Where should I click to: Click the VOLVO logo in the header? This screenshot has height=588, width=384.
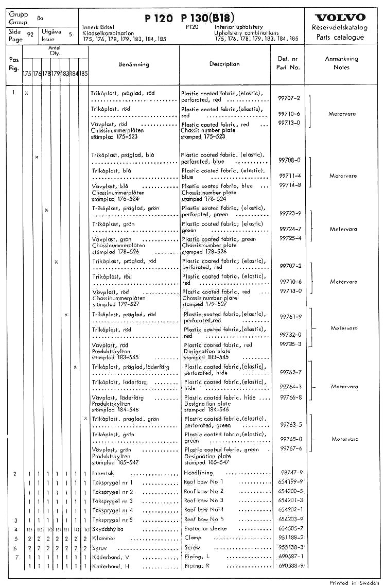click(x=340, y=18)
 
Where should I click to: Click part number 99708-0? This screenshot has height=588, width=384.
click(x=289, y=160)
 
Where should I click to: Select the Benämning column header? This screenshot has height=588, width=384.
click(x=133, y=64)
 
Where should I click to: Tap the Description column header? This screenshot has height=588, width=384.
click(x=224, y=64)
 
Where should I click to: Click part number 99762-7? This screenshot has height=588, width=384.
click(x=290, y=372)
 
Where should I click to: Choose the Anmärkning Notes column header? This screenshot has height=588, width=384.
click(x=341, y=63)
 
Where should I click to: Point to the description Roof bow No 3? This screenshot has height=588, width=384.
click(x=204, y=500)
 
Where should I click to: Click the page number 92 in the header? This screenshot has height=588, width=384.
click(x=30, y=34)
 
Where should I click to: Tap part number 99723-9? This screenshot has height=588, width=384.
click(x=290, y=213)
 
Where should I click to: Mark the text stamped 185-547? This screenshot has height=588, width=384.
click(x=207, y=462)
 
